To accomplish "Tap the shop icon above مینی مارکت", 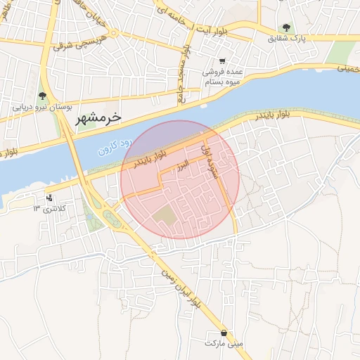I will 224,333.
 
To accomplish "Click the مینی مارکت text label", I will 224,344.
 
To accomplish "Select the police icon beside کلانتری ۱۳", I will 49,198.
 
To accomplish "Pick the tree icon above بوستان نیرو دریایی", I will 43,96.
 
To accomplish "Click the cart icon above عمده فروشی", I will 223,61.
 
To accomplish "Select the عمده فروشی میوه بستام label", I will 223,77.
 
